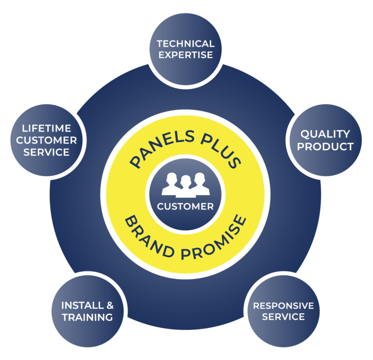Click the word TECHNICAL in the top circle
186,44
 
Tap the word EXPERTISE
186,55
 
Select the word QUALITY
325,135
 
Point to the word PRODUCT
325,147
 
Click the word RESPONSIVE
283,306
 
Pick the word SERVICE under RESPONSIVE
283,317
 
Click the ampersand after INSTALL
110,306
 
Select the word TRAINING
87,318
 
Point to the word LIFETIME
45,128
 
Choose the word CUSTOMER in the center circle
186,206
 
